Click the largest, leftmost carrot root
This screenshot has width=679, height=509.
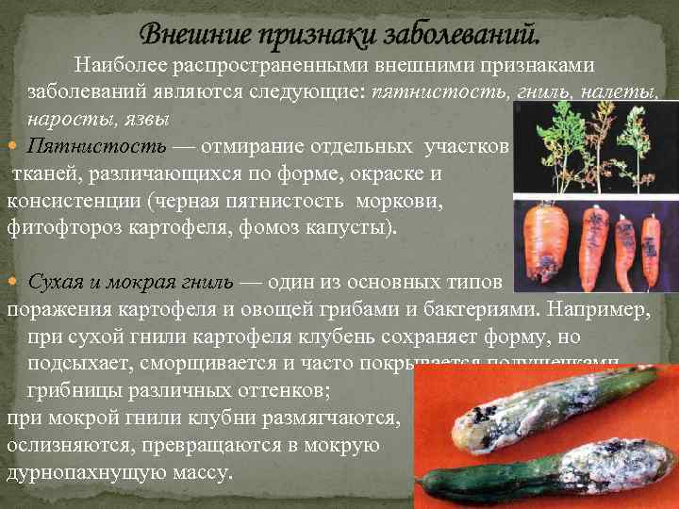(546, 240)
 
